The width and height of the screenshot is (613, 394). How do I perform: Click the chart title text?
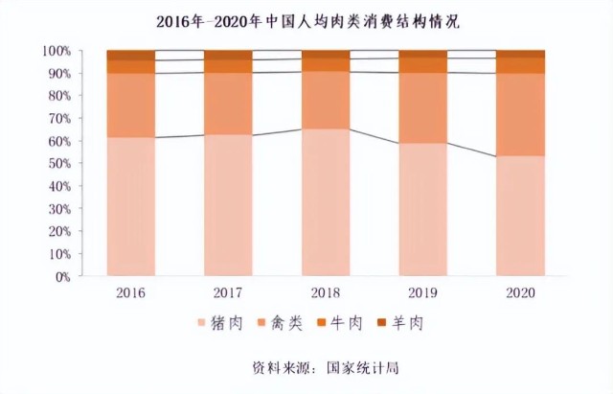point(308,22)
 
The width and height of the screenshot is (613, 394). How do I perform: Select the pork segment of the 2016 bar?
point(131,206)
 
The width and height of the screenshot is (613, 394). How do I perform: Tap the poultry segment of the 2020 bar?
point(520,115)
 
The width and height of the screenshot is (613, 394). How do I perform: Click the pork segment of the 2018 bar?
point(326,202)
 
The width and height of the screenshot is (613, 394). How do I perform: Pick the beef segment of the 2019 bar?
point(423,65)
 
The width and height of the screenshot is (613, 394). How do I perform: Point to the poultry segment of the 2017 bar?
point(228,104)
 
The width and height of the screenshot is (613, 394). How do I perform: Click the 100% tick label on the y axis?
point(57,51)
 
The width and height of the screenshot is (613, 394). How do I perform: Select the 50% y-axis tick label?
point(59,163)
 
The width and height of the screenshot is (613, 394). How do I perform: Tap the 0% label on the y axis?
point(62,277)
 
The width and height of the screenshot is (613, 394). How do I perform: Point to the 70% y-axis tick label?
point(59,118)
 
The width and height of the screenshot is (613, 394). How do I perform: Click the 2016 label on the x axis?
point(130,293)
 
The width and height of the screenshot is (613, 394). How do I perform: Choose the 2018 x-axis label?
point(326,293)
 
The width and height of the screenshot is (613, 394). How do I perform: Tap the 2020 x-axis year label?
point(520,293)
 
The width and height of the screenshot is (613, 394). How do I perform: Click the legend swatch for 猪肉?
point(202,323)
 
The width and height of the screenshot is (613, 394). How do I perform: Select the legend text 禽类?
point(286,323)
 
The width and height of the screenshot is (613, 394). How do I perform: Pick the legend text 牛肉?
point(347,323)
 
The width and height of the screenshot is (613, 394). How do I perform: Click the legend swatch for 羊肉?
point(381,323)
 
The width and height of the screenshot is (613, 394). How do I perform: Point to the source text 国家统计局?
point(362,368)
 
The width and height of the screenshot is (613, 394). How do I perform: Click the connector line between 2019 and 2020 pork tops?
point(472,150)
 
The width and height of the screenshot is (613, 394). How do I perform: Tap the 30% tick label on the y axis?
point(59,209)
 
